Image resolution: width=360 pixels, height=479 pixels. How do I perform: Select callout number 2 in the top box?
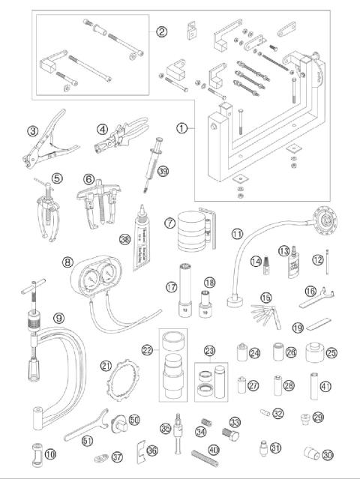(x=160, y=31)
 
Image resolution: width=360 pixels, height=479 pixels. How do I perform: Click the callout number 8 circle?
(x=68, y=263)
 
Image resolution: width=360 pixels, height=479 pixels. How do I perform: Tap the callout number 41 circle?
(x=325, y=386)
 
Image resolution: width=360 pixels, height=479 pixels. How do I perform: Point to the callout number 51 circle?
(x=86, y=440)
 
